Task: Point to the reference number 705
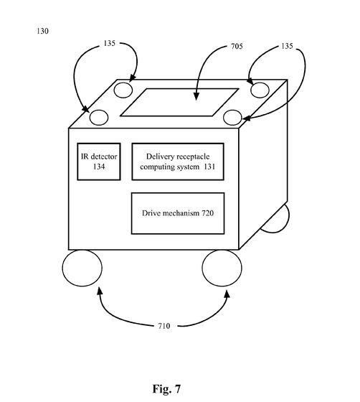tap(237, 47)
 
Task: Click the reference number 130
tap(42, 31)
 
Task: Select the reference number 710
tap(164, 326)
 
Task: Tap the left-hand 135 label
tap(110, 43)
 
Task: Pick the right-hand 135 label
tap(287, 46)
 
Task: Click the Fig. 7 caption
tap(166, 389)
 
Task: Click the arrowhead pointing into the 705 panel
tap(196, 96)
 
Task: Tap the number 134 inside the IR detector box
tap(99, 167)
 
